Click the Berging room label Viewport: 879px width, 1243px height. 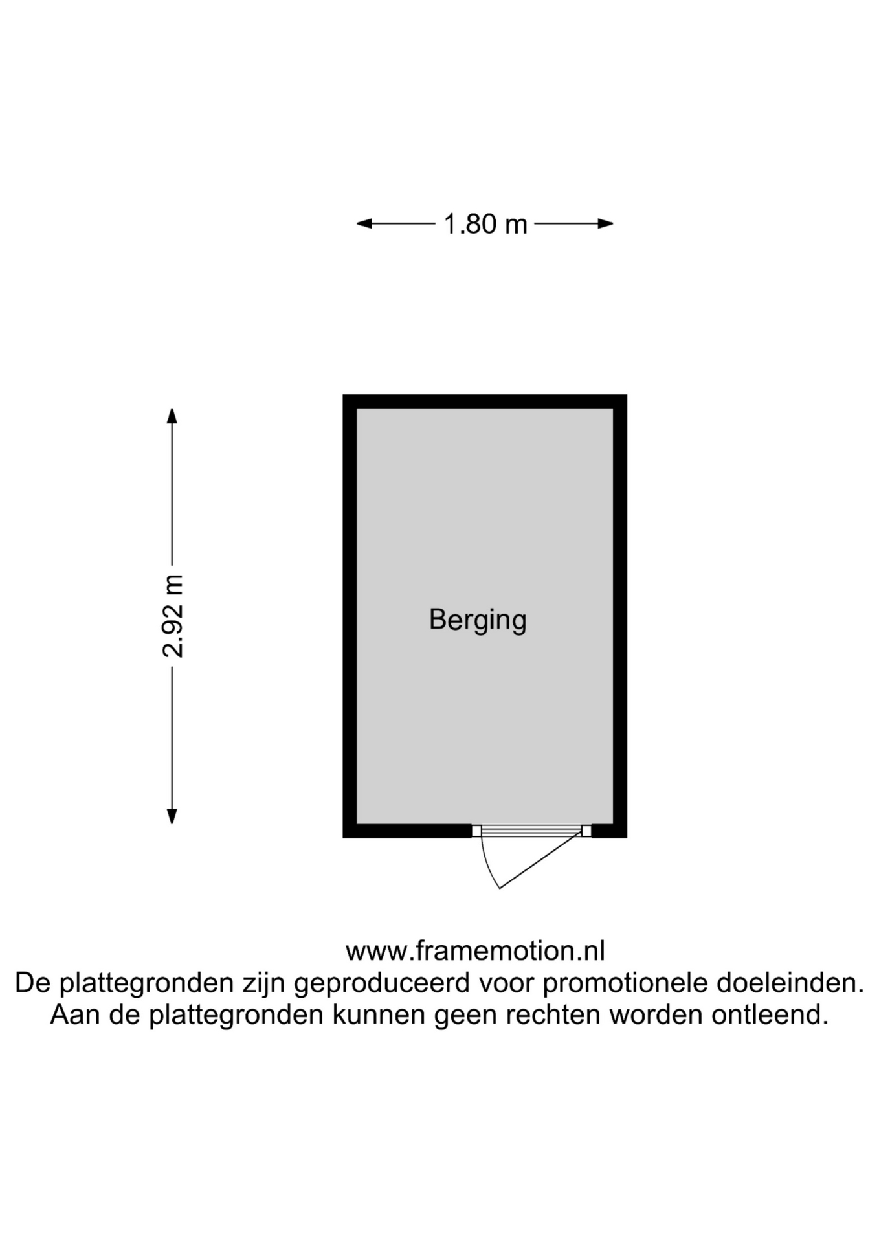(478, 621)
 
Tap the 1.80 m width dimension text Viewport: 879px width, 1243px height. (485, 224)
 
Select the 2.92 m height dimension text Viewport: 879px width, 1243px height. (173, 616)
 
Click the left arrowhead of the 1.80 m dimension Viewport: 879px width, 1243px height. (364, 224)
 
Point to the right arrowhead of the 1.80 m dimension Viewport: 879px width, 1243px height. (606, 224)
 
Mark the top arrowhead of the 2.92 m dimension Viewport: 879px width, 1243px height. (172, 416)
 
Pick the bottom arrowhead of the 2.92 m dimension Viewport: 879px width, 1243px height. (172, 816)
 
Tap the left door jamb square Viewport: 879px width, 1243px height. (476, 831)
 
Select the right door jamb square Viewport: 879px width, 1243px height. (586, 831)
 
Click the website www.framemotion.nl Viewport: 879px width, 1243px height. (475, 951)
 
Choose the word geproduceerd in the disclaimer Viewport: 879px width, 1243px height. (381, 983)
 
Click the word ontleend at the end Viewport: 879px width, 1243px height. (770, 1014)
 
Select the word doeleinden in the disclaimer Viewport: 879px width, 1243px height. (790, 983)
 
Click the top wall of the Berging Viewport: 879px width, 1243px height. (485, 401)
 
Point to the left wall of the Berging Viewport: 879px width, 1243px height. (350, 616)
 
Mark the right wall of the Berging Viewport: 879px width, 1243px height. (620, 616)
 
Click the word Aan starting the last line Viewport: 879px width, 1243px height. (75, 1014)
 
